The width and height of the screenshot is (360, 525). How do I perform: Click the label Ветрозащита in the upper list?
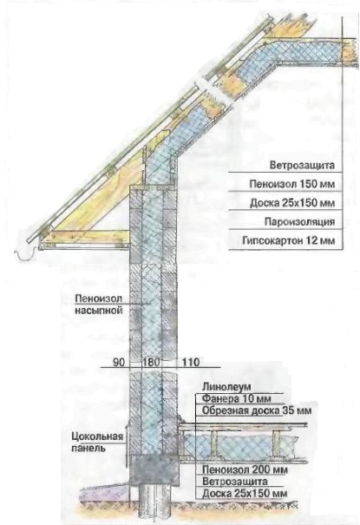point(302,166)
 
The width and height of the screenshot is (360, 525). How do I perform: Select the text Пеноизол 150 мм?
point(292,184)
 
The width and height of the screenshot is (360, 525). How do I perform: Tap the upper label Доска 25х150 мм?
point(292,203)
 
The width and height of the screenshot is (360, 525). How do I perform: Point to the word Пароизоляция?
point(299,221)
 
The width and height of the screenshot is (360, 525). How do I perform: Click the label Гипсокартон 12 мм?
point(288,240)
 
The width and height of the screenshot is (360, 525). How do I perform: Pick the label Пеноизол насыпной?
point(99,305)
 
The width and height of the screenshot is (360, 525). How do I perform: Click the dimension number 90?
point(119,362)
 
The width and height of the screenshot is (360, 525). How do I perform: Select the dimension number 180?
point(152,362)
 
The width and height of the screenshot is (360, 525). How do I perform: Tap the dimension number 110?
point(190,362)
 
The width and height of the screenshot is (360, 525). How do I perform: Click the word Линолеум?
point(226,387)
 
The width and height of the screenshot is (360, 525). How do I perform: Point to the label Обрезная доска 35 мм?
point(257,410)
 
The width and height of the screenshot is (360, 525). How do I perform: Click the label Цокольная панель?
point(97,442)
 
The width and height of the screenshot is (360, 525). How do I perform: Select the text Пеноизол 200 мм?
point(245,469)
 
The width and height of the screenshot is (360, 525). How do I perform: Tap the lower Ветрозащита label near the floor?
point(235,482)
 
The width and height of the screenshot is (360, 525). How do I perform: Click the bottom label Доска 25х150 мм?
point(245,494)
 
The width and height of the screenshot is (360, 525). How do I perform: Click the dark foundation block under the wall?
point(154,469)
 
